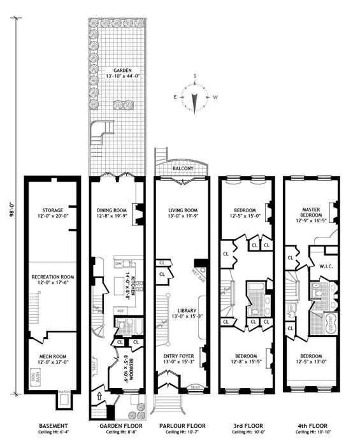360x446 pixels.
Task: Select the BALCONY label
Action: tap(181, 168)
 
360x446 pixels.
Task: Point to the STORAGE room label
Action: tap(52, 210)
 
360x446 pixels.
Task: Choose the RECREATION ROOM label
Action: tap(52, 277)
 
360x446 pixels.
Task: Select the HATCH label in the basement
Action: tap(63, 391)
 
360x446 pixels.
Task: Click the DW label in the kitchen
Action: tap(119, 264)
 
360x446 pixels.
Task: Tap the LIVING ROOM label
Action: tap(181, 210)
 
